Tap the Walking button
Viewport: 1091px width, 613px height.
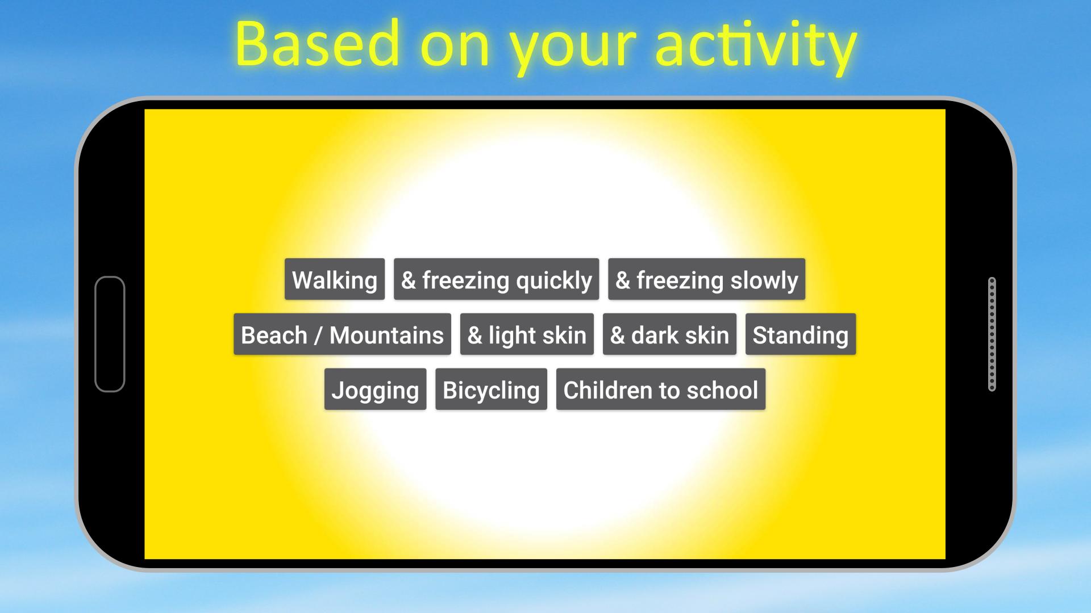pyautogui.click(x=335, y=279)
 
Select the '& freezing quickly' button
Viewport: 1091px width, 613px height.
pyautogui.click(x=497, y=279)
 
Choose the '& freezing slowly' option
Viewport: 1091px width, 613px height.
pyautogui.click(x=707, y=279)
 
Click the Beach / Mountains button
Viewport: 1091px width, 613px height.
pyautogui.click(x=342, y=334)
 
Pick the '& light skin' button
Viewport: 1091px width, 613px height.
pyautogui.click(x=527, y=334)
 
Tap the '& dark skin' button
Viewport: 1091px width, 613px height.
pyautogui.click(x=669, y=334)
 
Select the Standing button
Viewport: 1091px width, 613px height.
pyautogui.click(x=801, y=334)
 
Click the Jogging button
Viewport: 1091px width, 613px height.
pyautogui.click(x=375, y=389)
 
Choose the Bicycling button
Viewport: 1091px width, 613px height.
pyautogui.click(x=491, y=389)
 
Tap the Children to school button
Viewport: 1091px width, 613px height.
pyautogui.click(x=661, y=389)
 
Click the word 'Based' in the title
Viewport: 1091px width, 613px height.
pyautogui.click(x=318, y=44)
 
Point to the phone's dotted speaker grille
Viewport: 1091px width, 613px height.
pyautogui.click(x=992, y=334)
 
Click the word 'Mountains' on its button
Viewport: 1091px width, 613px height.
pyautogui.click(x=386, y=335)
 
